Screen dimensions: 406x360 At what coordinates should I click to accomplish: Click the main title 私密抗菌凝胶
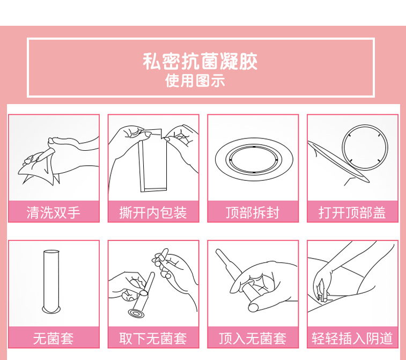(x=200, y=61)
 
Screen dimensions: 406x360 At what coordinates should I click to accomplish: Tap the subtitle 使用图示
(x=195, y=80)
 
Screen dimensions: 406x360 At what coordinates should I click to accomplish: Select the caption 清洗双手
(x=53, y=212)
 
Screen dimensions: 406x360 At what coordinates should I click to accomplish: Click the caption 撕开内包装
(x=153, y=212)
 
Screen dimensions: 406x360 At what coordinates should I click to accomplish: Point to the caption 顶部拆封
(x=253, y=212)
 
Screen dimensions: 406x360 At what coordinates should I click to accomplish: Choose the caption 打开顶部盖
(x=352, y=212)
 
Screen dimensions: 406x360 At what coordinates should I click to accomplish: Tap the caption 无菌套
(x=53, y=339)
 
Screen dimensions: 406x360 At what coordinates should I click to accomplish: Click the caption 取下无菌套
(x=153, y=339)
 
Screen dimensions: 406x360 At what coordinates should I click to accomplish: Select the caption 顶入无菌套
(x=253, y=339)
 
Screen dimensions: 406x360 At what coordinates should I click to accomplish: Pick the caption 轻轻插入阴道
(x=352, y=339)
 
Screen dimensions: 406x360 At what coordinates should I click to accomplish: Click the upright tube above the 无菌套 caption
(x=51, y=282)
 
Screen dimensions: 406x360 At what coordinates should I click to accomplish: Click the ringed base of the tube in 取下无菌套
(x=136, y=313)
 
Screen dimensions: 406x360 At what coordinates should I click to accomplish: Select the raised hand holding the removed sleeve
(x=176, y=272)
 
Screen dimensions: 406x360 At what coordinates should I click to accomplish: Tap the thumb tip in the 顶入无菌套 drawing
(x=253, y=307)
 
